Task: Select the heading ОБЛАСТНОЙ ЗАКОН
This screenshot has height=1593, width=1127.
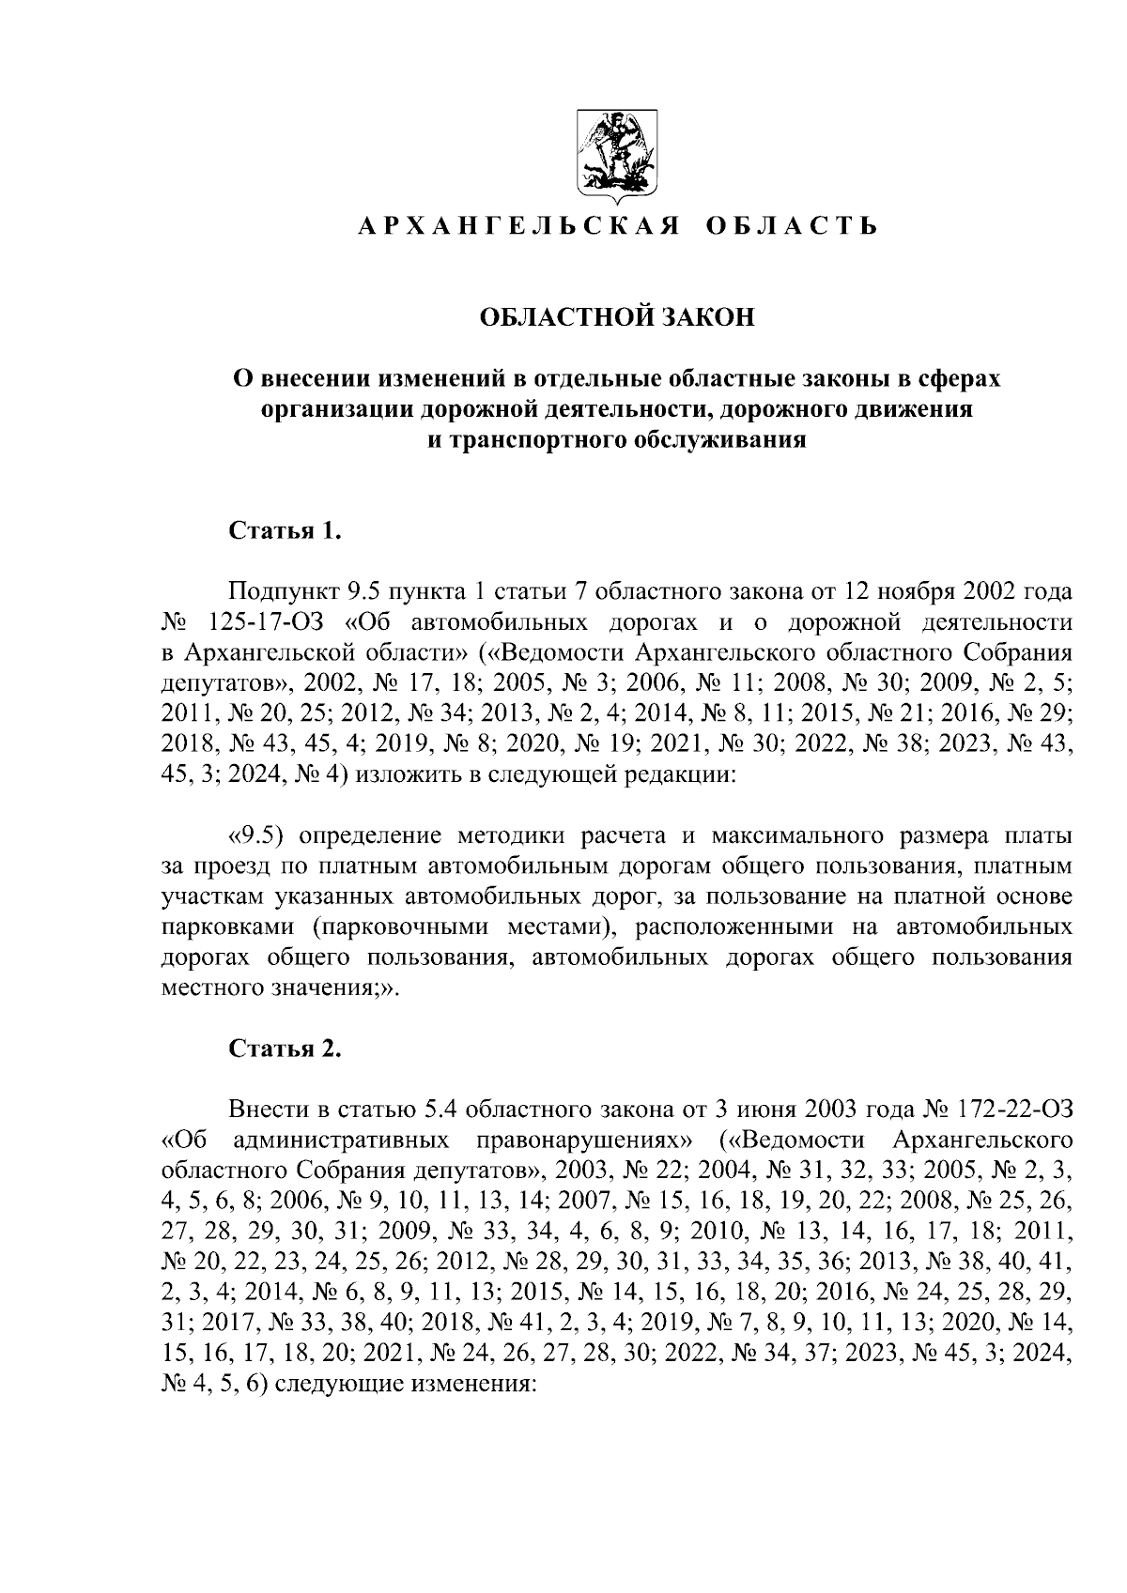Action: (617, 318)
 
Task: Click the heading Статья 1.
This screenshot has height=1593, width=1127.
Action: (284, 531)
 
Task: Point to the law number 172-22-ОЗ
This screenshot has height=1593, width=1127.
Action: (1016, 1110)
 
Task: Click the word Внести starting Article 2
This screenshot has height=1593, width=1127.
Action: (269, 1110)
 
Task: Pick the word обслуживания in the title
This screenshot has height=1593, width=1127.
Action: (720, 439)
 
